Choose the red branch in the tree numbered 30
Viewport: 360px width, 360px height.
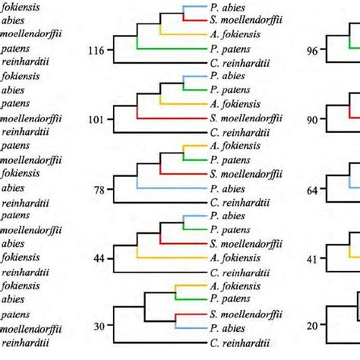190,313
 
